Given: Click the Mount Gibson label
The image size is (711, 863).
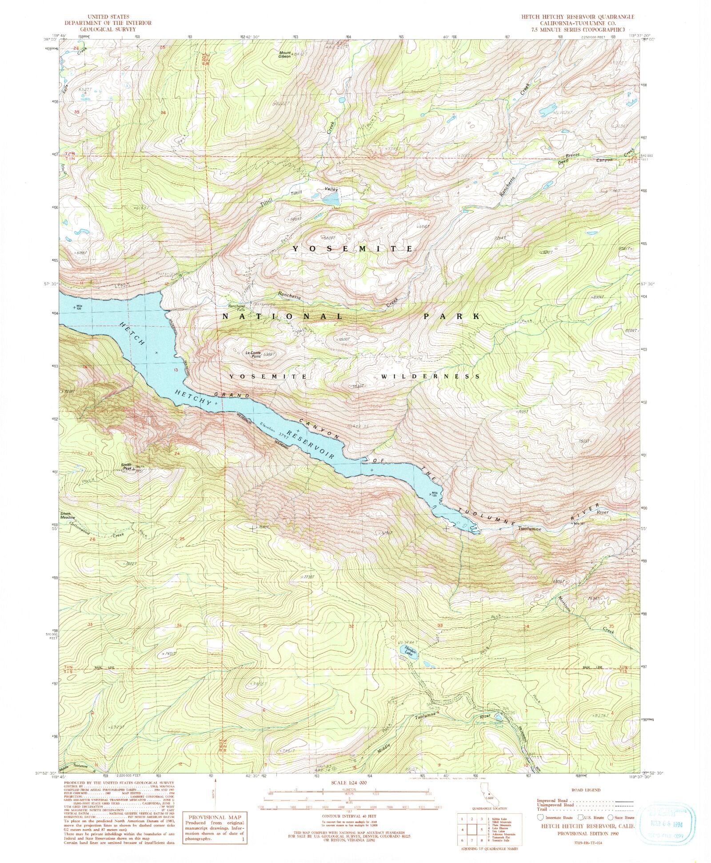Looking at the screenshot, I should tap(284, 55).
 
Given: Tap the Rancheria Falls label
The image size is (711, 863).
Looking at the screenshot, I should tap(237, 308).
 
